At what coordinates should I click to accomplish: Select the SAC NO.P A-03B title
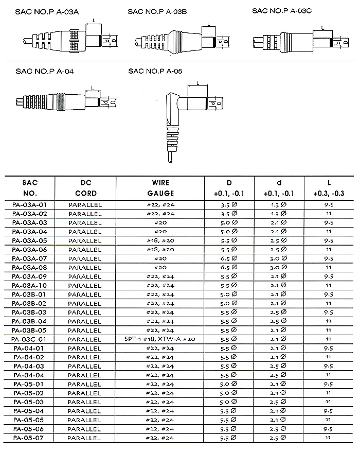point(160,12)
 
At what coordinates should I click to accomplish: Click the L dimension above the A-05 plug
point(197,83)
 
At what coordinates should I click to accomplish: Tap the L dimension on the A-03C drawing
point(322,28)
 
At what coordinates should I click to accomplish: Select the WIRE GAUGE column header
point(160,188)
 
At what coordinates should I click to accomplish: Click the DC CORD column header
point(85,188)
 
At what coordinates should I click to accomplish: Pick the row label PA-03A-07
point(29,258)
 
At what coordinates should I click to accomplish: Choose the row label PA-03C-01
point(29,339)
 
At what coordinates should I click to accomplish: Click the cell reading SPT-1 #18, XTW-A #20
point(160,339)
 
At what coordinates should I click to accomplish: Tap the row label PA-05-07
point(29,438)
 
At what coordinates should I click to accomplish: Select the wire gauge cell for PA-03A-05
point(160,240)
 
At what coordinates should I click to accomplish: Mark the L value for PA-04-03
point(329,366)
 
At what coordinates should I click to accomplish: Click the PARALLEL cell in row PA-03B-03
point(85,312)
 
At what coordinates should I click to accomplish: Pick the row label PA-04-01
point(29,349)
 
